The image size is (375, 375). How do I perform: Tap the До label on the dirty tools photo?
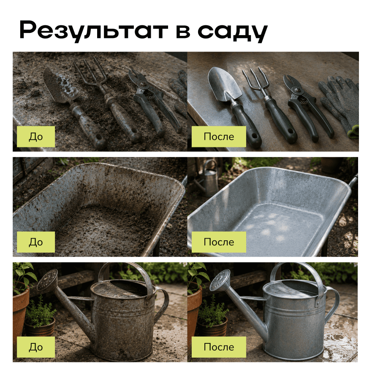[36, 136]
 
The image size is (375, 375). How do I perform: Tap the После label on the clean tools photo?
[219, 136]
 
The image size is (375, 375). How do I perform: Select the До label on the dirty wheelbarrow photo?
[36, 242]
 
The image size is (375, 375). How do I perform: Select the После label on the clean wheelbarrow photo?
[219, 242]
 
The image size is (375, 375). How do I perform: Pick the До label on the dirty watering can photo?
[36, 347]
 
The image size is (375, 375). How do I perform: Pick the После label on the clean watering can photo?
[219, 347]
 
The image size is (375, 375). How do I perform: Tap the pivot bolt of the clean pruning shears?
[298, 90]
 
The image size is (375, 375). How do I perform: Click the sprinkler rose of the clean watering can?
[220, 280]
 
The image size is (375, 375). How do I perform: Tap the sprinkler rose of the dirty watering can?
[47, 280]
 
